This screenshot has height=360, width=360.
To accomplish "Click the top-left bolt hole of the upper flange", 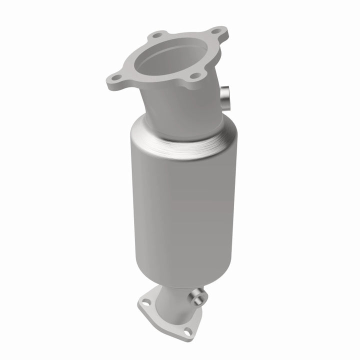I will pos(157,35).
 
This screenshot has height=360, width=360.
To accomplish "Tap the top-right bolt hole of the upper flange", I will pos(216,31).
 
